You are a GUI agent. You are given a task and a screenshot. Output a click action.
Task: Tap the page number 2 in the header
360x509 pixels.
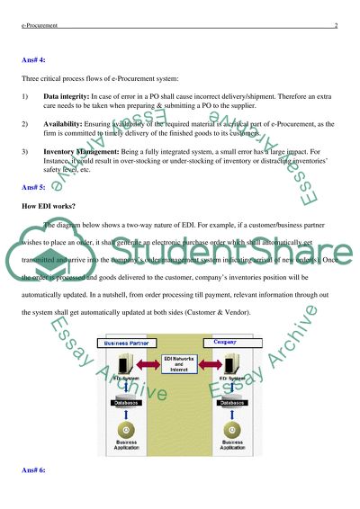(334, 27)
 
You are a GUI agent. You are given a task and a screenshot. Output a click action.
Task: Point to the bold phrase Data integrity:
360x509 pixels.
(69, 94)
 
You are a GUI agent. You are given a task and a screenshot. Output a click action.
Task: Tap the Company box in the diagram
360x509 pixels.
(225, 343)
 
